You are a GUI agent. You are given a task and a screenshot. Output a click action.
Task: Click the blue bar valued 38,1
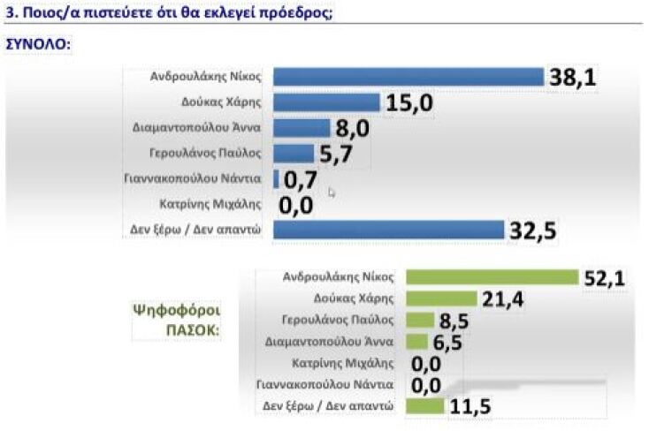[408, 78]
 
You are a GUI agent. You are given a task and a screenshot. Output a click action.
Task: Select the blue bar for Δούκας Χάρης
[327, 102]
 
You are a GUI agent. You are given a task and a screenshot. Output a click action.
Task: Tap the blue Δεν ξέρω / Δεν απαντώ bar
[388, 230]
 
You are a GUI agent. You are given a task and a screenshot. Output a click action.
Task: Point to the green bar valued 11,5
[425, 406]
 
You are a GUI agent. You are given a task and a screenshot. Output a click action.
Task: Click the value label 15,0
[408, 103]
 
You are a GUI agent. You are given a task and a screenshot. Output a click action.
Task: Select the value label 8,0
[351, 129]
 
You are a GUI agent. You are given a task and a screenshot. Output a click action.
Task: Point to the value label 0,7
[301, 180]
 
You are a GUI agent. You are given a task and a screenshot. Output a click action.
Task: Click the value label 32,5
[533, 231]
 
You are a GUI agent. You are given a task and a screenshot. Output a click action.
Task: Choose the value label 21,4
[501, 299]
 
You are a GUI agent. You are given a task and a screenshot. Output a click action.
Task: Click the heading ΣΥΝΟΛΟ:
[39, 43]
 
